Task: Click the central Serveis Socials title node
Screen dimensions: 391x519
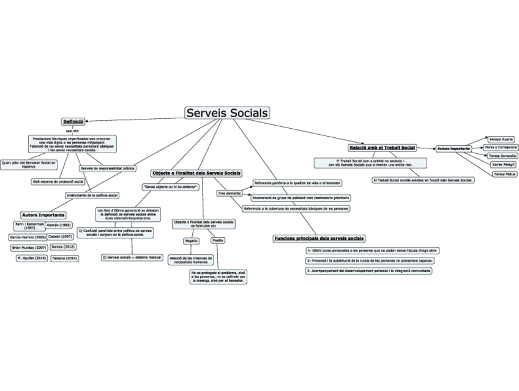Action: [x=227, y=113]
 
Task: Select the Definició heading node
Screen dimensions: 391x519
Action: [x=73, y=121]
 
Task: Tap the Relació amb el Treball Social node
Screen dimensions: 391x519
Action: [x=381, y=148]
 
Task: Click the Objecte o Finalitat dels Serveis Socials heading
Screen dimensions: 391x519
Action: [x=196, y=173]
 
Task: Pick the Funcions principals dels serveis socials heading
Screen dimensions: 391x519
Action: [x=319, y=238]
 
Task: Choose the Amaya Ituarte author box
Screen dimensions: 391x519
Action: [x=501, y=139]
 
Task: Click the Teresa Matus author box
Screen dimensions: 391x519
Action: [x=504, y=174]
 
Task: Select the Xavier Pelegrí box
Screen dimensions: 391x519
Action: [x=503, y=165]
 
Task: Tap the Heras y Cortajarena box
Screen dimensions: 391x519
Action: [x=500, y=148]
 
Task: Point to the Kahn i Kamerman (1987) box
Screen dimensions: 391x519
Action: [x=29, y=226]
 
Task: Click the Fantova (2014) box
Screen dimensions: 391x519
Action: [x=64, y=259]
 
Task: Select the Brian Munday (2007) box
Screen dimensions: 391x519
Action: [x=29, y=248]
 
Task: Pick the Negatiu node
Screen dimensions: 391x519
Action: [x=192, y=241]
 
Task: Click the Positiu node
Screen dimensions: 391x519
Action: [x=218, y=241]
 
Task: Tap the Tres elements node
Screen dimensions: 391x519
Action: [x=229, y=193]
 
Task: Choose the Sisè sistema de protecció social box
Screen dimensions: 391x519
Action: [x=58, y=181]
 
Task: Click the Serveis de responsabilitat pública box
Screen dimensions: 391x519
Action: [x=108, y=168]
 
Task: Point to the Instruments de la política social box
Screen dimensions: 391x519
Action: [x=92, y=195]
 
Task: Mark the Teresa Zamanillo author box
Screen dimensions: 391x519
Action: [x=502, y=156]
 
